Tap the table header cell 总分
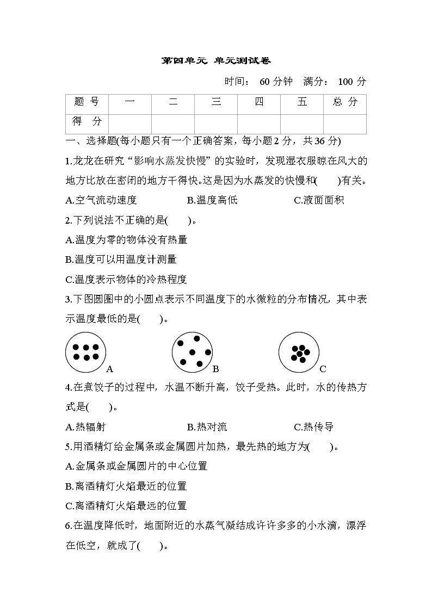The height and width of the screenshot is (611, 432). [x=344, y=102]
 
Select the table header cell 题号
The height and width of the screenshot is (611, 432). [x=87, y=102]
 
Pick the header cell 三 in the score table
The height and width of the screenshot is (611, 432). [x=216, y=102]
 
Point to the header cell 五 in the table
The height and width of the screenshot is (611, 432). [x=302, y=102]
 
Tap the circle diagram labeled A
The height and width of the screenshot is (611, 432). [x=85, y=352]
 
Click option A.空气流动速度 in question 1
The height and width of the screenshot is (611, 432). [x=101, y=200]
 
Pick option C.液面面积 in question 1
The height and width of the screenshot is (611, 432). [x=319, y=200]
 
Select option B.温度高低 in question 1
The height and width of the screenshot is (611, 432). [x=212, y=200]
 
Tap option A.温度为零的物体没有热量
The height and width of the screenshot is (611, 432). [x=126, y=240]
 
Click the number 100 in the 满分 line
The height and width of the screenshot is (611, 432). [x=346, y=82]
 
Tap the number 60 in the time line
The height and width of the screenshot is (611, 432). [x=265, y=82]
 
